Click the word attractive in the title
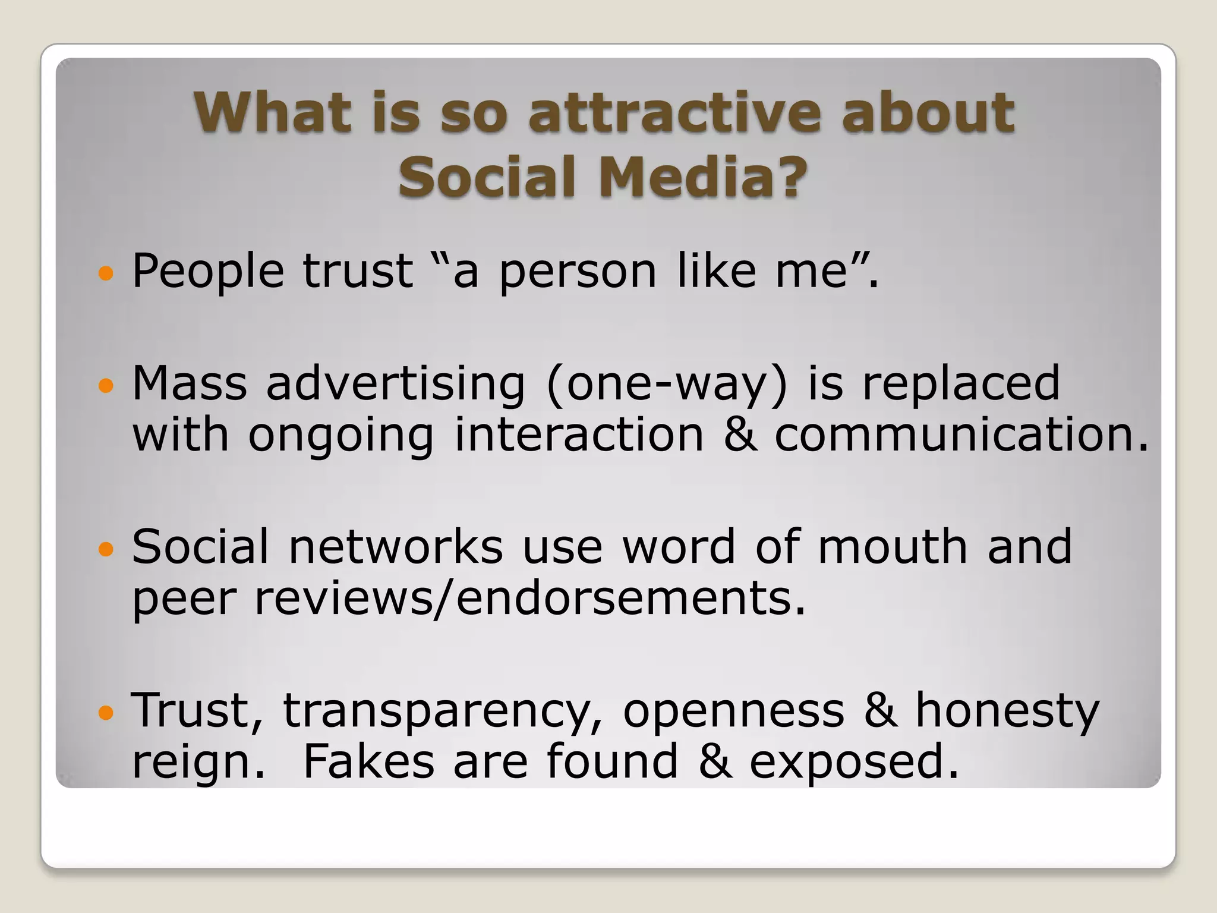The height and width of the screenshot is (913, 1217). (x=676, y=112)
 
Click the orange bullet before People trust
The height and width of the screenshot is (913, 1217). (x=106, y=274)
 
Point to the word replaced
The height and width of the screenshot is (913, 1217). (x=961, y=383)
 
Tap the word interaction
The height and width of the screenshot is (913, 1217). (x=579, y=435)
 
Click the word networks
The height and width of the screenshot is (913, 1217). (x=396, y=547)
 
